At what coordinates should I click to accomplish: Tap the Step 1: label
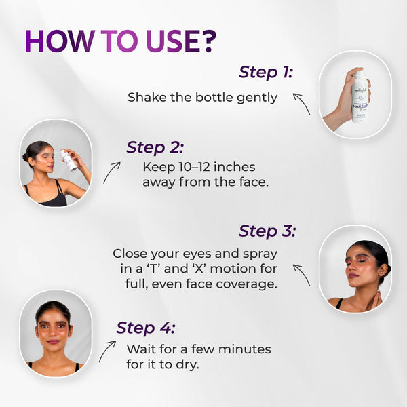tap(265, 72)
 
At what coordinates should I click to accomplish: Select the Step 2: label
tap(154, 147)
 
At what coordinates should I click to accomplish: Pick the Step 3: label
tap(268, 231)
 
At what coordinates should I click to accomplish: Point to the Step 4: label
tap(145, 328)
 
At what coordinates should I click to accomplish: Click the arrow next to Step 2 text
tap(112, 172)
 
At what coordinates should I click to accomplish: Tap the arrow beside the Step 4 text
tap(106, 351)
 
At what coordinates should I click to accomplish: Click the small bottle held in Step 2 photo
tap(69, 160)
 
